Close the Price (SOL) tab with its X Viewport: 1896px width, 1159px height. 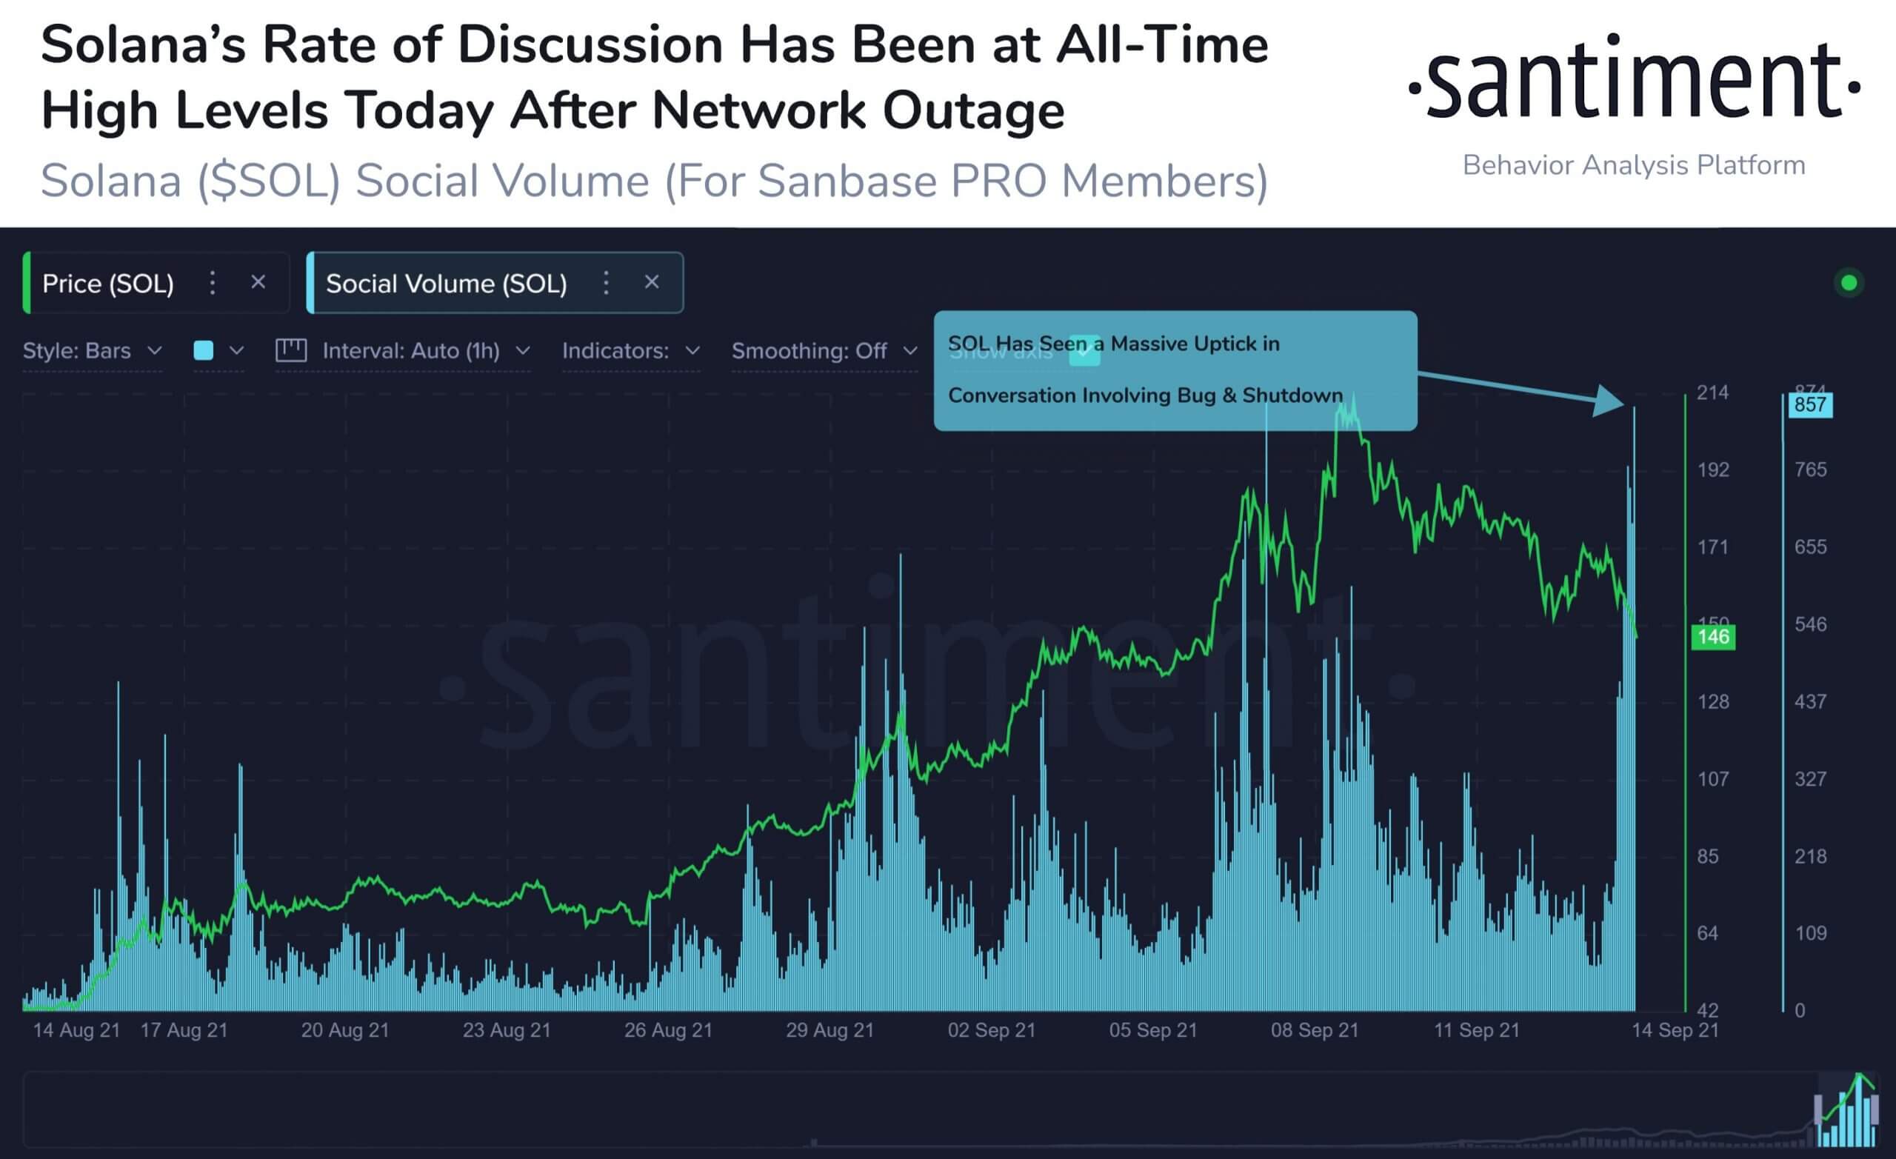coord(258,282)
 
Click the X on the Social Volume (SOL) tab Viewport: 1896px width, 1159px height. coord(652,282)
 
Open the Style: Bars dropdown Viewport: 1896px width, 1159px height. coord(93,351)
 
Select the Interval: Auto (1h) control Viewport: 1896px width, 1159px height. coord(411,351)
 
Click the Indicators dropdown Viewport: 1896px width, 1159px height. coord(630,351)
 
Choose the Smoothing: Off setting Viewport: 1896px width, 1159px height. coord(824,351)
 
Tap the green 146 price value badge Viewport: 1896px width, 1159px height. coord(1713,637)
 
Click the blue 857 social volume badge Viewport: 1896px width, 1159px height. coord(1810,405)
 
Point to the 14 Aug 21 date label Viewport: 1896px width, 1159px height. coord(76,1030)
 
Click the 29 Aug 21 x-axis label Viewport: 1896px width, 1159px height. coord(829,1030)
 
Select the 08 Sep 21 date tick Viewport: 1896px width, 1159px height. coord(1315,1030)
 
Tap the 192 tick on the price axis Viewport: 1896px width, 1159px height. coord(1713,470)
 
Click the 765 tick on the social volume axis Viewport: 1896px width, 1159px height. coord(1810,470)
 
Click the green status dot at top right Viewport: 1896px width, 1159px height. coord(1849,283)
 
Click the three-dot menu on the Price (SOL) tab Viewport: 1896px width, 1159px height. coord(213,283)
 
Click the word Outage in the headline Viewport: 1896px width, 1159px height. coord(973,111)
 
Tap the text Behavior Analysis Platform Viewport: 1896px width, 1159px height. coord(1634,165)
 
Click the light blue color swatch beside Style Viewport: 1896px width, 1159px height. coord(204,351)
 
